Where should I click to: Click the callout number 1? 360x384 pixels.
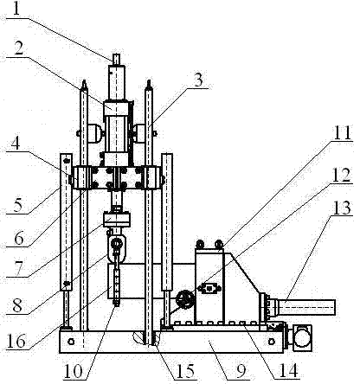coord(16,10)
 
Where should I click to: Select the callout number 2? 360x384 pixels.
coord(19,48)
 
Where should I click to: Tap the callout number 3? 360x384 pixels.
coord(198,80)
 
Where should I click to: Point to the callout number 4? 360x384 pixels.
coord(16,144)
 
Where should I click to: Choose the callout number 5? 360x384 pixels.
coord(17,205)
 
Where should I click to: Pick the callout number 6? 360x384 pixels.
coord(18,238)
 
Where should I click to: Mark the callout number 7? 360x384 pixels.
coord(18,269)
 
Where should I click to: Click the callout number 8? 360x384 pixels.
coord(17,305)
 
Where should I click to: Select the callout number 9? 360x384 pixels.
coord(241,372)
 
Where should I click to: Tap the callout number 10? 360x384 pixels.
coord(73,371)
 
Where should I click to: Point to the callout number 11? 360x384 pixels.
coord(342,133)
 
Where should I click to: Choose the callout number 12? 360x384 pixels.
coord(342,175)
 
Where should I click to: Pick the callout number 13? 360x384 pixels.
coord(343,208)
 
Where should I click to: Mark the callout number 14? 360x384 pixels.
coord(289,371)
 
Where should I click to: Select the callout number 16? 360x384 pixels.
coord(16,342)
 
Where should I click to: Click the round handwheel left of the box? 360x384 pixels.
coord(185,300)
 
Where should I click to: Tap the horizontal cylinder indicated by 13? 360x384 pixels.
coord(306,307)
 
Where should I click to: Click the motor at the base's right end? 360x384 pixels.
coord(302,338)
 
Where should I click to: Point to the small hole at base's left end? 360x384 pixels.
coord(71,342)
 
